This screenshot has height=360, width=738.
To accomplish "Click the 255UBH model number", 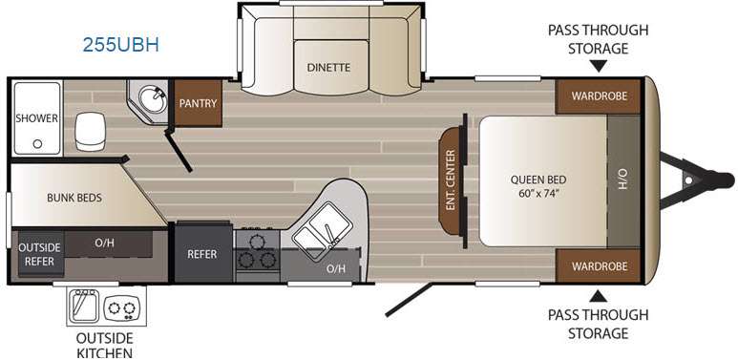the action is (121, 45).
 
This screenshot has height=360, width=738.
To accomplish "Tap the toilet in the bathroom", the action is (90, 131).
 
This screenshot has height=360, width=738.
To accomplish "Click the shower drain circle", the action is (37, 144).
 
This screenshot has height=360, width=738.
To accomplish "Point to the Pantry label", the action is (198, 103).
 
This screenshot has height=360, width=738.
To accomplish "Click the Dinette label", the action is (328, 67).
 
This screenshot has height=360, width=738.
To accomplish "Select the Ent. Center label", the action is (451, 180).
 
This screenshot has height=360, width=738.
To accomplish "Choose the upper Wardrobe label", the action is (600, 96).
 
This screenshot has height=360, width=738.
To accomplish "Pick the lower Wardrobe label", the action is (600, 266).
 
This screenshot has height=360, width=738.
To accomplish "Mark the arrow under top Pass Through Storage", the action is (599, 67).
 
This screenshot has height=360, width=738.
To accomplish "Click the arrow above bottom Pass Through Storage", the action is (599, 296).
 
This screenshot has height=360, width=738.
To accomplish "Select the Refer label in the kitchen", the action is (202, 254).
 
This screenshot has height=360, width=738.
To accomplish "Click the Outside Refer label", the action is (39, 254).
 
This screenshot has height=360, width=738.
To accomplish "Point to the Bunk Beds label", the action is (74, 198).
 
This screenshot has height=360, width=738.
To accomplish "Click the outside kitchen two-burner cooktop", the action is (122, 308).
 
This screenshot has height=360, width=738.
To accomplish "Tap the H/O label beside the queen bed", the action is (622, 180).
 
